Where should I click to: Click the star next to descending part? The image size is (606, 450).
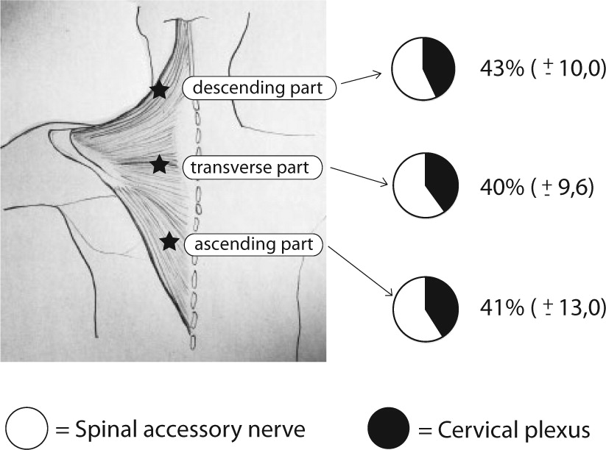[x=158, y=90]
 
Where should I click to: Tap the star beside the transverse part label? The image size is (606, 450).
[x=158, y=165]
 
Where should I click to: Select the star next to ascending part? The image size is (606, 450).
[x=169, y=240]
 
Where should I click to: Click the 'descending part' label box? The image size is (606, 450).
[x=261, y=88]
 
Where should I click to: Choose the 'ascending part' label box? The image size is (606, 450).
[x=255, y=243]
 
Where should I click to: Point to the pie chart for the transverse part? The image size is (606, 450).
[x=426, y=185]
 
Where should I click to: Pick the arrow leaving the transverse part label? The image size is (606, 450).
[x=357, y=179]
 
